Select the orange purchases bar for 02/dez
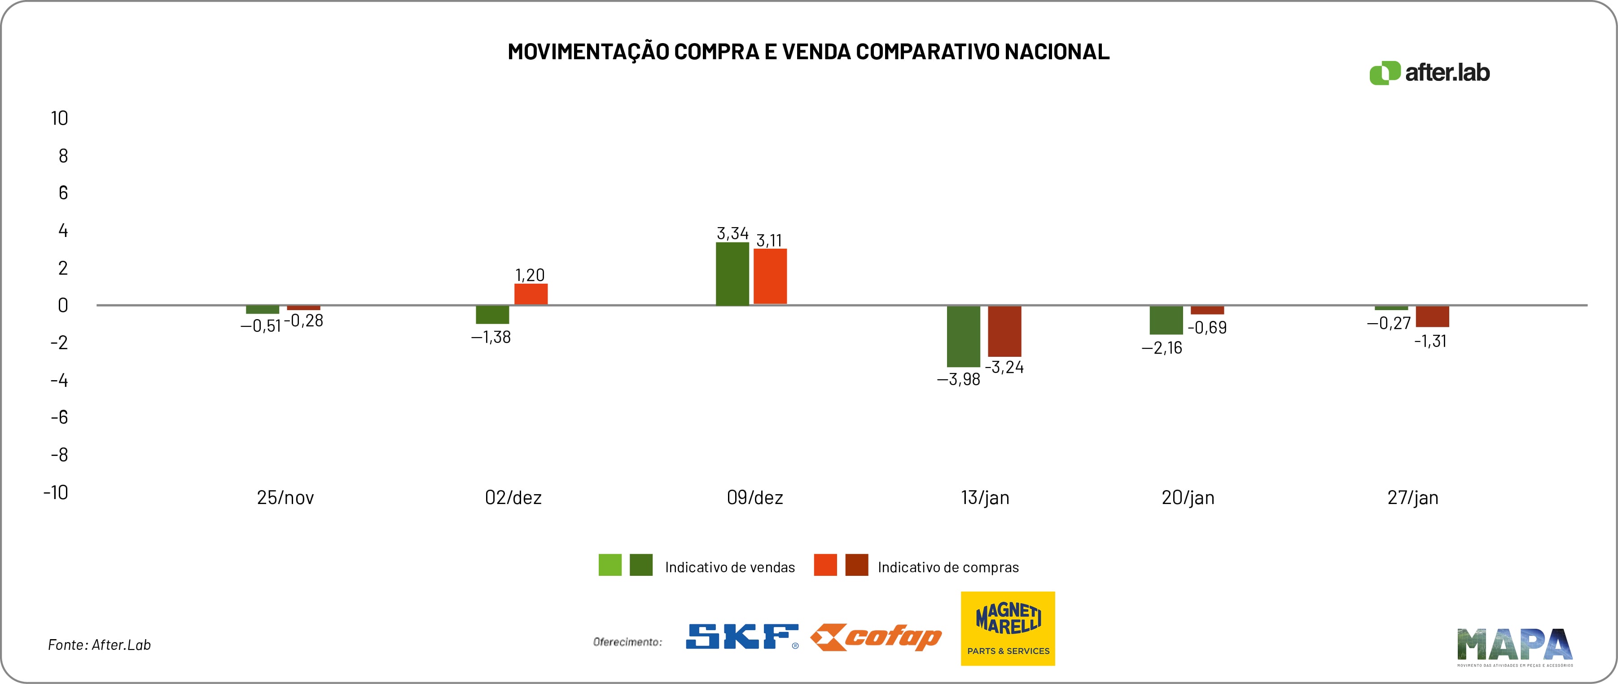click(531, 294)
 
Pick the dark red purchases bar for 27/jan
click(1432, 316)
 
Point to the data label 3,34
click(732, 234)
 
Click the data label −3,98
click(959, 379)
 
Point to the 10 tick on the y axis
click(60, 118)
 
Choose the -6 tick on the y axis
click(60, 417)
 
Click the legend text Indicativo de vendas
click(730, 567)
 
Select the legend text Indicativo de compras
click(948, 567)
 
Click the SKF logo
click(742, 636)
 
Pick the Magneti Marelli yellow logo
click(1008, 628)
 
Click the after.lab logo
click(1429, 73)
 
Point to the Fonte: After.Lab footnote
click(99, 645)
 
